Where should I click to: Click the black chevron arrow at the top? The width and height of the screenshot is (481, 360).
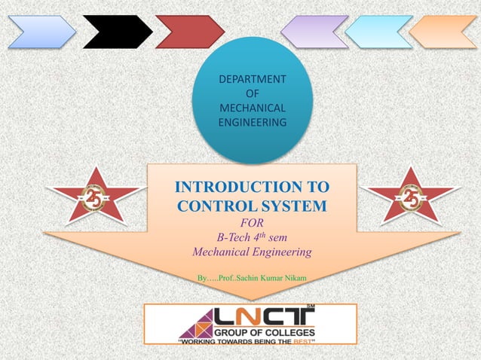pyautogui.click(x=117, y=32)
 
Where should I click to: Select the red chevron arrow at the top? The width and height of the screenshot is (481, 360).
pyautogui.click(x=189, y=32)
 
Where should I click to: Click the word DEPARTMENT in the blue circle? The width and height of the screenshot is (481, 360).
pyautogui.click(x=252, y=79)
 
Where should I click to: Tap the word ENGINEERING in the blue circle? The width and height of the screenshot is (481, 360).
pyautogui.click(x=252, y=122)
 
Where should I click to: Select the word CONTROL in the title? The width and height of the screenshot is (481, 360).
pyautogui.click(x=213, y=205)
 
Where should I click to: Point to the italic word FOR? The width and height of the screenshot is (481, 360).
pyautogui.click(x=251, y=223)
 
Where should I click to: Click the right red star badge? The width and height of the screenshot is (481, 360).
pyautogui.click(x=411, y=198)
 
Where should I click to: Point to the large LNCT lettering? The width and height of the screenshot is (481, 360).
pyautogui.click(x=264, y=316)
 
